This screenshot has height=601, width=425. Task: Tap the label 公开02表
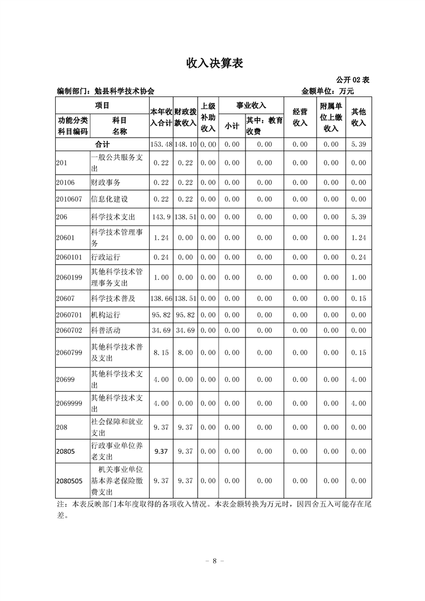353,80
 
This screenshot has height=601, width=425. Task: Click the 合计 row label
102,144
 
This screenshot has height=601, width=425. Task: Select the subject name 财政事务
106,182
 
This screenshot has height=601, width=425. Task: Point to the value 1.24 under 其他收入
358,237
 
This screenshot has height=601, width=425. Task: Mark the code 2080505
69,480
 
